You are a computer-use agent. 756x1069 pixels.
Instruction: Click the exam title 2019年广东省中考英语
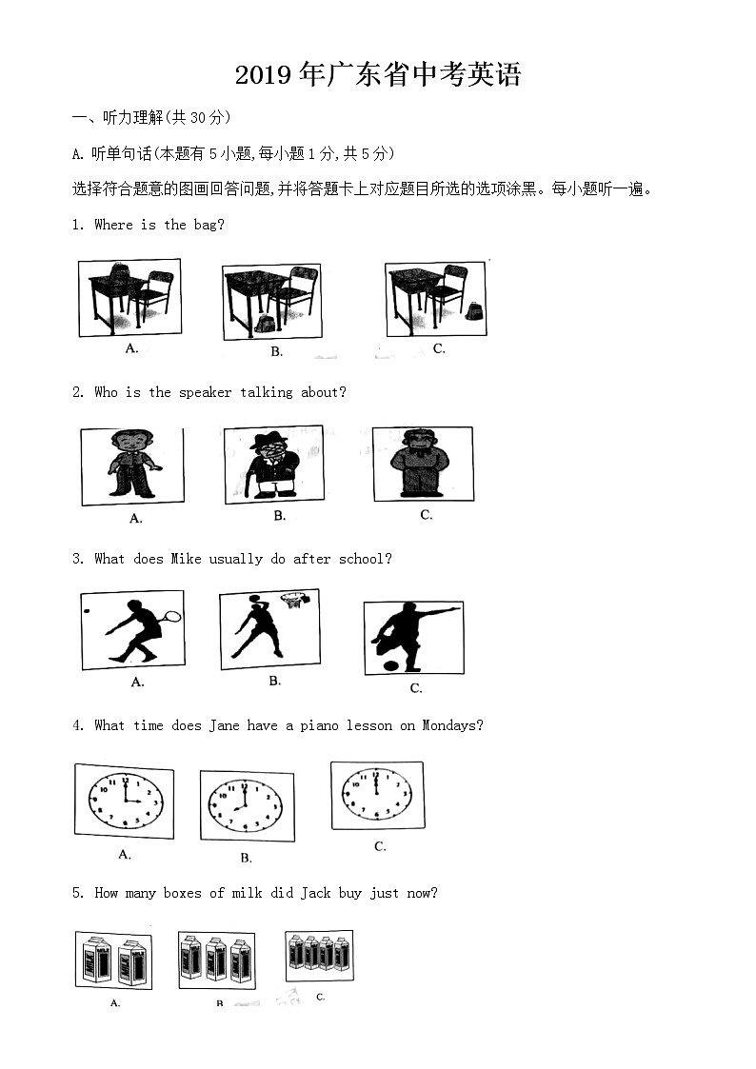click(x=378, y=75)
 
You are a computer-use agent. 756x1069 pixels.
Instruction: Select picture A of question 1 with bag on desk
click(x=129, y=297)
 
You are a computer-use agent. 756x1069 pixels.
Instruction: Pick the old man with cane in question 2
click(x=273, y=465)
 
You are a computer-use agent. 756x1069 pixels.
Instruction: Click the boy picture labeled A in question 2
click(x=131, y=465)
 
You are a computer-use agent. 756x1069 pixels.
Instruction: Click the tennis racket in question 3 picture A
click(x=170, y=616)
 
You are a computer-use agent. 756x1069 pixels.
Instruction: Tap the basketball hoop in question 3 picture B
click(x=294, y=600)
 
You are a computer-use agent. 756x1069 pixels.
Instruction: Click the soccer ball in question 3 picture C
click(x=389, y=663)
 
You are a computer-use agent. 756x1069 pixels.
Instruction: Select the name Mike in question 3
click(x=186, y=559)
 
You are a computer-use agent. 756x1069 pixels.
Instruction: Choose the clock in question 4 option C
click(x=376, y=795)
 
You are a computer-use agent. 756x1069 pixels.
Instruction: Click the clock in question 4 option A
click(x=124, y=802)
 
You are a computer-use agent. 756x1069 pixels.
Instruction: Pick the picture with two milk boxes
click(x=113, y=960)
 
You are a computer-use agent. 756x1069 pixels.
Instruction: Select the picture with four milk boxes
click(x=319, y=954)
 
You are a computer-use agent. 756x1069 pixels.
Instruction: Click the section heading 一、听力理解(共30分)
click(x=151, y=118)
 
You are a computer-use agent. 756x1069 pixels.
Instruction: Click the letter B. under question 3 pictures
click(x=274, y=681)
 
